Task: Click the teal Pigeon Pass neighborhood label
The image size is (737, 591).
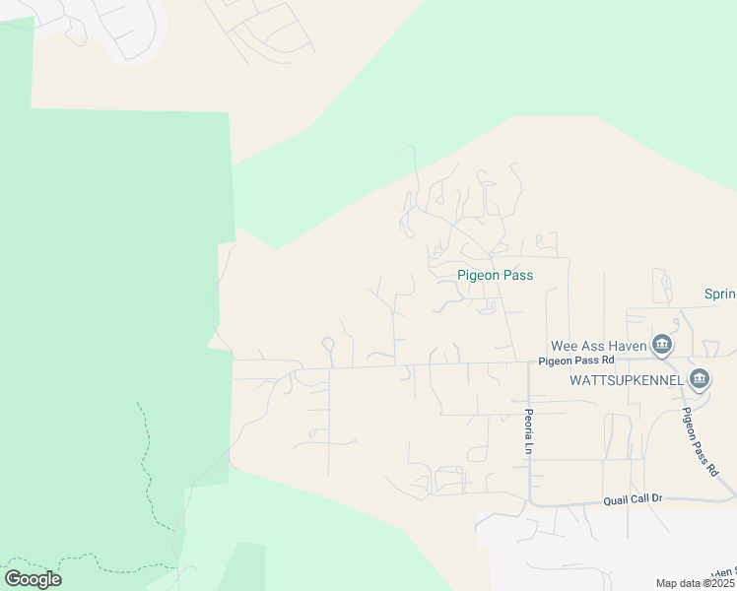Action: [x=495, y=275]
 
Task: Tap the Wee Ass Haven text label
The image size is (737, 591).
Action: [x=598, y=345]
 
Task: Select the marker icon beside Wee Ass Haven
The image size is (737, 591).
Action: [x=662, y=344]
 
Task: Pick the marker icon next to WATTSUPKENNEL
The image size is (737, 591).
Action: [x=700, y=378]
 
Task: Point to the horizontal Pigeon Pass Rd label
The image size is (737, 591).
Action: [x=576, y=361]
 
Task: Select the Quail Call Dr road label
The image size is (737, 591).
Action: [x=635, y=500]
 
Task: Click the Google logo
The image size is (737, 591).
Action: [x=33, y=578]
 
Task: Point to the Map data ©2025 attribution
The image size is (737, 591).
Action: [x=696, y=583]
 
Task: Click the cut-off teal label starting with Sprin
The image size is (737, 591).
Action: [x=719, y=294]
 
